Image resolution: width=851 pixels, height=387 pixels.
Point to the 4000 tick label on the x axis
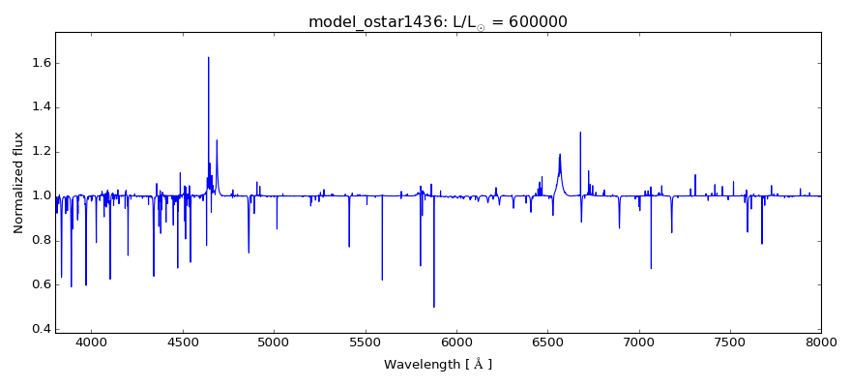[92, 342]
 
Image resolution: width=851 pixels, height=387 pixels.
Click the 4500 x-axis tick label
[183, 342]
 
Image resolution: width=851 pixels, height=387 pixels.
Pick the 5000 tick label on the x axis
[275, 342]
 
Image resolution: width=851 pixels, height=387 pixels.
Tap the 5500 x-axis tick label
[366, 342]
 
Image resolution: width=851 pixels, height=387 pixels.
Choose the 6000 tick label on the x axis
[456, 342]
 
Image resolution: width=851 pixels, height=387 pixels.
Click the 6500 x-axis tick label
[547, 342]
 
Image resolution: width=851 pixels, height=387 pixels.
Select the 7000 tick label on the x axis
[639, 342]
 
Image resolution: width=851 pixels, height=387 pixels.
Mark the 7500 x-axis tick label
[730, 342]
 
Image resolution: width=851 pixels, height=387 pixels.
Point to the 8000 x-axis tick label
[821, 342]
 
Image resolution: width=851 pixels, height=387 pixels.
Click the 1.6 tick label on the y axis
[38, 63]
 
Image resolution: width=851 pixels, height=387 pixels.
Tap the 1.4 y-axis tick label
[38, 107]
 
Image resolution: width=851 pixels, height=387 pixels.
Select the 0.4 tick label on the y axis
[38, 329]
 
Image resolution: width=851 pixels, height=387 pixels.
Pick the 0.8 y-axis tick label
[38, 241]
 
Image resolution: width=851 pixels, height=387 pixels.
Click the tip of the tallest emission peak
[208, 57]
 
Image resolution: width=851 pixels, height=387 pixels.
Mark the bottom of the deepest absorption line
[433, 307]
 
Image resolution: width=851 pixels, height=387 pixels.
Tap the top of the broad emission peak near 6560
[559, 154]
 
